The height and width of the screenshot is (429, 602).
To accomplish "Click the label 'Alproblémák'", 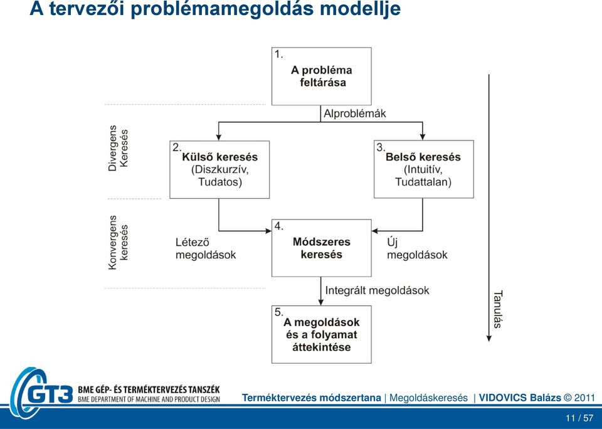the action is (x=355, y=114).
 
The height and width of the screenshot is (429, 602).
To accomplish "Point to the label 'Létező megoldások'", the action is (x=206, y=248).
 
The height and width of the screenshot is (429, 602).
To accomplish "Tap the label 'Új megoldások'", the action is (x=417, y=248).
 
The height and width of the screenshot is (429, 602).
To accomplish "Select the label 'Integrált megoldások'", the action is (x=377, y=290).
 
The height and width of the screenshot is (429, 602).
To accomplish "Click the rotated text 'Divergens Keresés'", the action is (x=118, y=148).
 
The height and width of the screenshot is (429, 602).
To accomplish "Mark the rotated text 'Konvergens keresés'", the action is (x=118, y=242).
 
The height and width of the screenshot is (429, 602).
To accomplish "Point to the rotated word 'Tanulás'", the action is (x=497, y=310).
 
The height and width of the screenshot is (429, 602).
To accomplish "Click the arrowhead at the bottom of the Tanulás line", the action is (x=488, y=338).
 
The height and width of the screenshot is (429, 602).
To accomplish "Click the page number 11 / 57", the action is (x=579, y=418).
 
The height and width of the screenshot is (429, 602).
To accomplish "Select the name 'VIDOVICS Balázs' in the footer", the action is (x=520, y=398).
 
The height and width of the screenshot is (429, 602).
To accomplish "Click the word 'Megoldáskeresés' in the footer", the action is (x=428, y=398).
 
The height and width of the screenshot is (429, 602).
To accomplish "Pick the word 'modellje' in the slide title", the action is (x=360, y=9).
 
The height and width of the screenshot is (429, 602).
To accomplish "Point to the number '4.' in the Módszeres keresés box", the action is (x=278, y=226).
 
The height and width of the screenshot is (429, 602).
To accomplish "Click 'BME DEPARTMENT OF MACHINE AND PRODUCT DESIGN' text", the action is (x=149, y=400).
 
